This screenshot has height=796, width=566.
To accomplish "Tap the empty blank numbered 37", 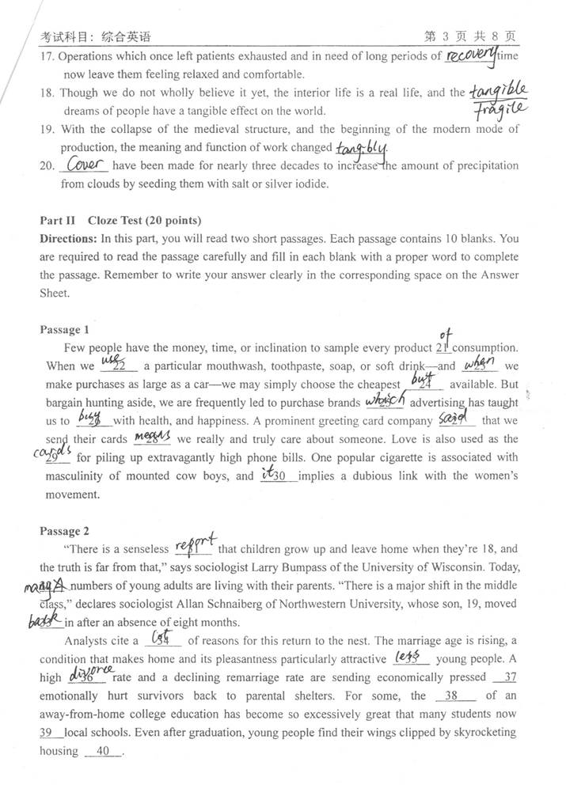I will click(504, 678).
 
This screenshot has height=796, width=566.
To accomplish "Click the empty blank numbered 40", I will click(103, 752).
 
